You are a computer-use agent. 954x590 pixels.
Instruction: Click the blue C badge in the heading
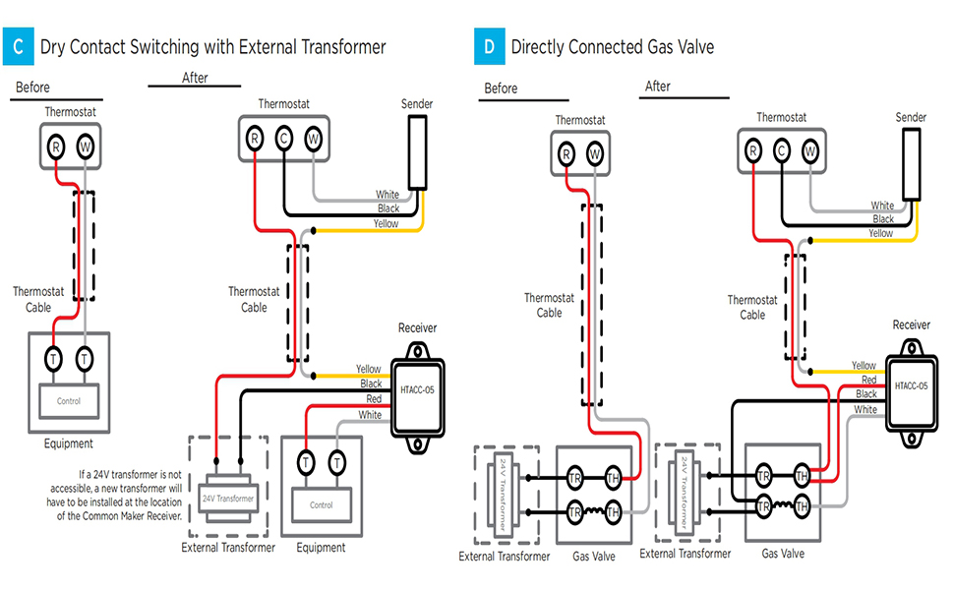click(x=19, y=46)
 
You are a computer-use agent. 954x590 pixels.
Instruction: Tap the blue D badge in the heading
click(x=489, y=46)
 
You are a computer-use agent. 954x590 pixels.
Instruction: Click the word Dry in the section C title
click(x=54, y=46)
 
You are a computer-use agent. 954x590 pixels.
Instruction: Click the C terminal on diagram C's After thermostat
click(x=283, y=138)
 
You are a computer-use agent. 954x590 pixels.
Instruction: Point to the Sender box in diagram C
click(x=417, y=152)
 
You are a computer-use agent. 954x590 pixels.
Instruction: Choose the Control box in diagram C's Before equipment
click(x=68, y=400)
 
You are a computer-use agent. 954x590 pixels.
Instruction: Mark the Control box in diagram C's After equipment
click(x=322, y=504)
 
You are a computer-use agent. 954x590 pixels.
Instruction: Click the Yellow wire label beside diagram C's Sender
click(x=387, y=224)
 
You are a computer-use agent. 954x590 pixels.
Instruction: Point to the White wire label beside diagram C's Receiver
click(x=371, y=415)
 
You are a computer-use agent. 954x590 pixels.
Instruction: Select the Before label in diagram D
click(x=501, y=88)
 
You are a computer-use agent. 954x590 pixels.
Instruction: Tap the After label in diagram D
click(x=658, y=87)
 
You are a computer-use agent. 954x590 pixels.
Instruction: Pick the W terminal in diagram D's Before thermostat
click(x=594, y=152)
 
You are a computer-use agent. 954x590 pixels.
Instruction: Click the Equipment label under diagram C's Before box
click(x=68, y=443)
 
